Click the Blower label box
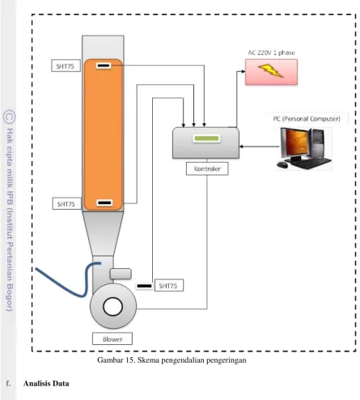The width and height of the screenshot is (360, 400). coord(112,338)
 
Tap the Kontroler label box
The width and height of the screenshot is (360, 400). coord(207,168)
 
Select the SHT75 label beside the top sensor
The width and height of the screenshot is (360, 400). coord(66,66)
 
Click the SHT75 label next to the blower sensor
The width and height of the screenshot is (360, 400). coord(169,285)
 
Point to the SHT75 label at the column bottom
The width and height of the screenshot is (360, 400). coord(66,204)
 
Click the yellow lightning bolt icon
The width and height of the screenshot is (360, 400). coord(271,70)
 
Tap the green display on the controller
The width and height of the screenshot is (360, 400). coord(206,138)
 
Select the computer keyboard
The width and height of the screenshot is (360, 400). coord(310,163)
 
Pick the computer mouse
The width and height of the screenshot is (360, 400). coord(282,164)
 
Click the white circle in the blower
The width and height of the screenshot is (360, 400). coord(112,306)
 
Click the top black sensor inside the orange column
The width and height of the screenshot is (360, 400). coord(104,66)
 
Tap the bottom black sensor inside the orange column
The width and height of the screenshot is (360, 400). coord(104,202)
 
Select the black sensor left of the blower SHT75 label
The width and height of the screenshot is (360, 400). coord(144,286)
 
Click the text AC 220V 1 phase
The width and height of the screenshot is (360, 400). coord(271,53)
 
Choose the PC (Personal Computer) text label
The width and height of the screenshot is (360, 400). coord(307,119)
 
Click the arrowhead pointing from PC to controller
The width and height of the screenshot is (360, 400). coord(241,147)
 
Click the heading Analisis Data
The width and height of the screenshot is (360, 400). coord(46,384)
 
